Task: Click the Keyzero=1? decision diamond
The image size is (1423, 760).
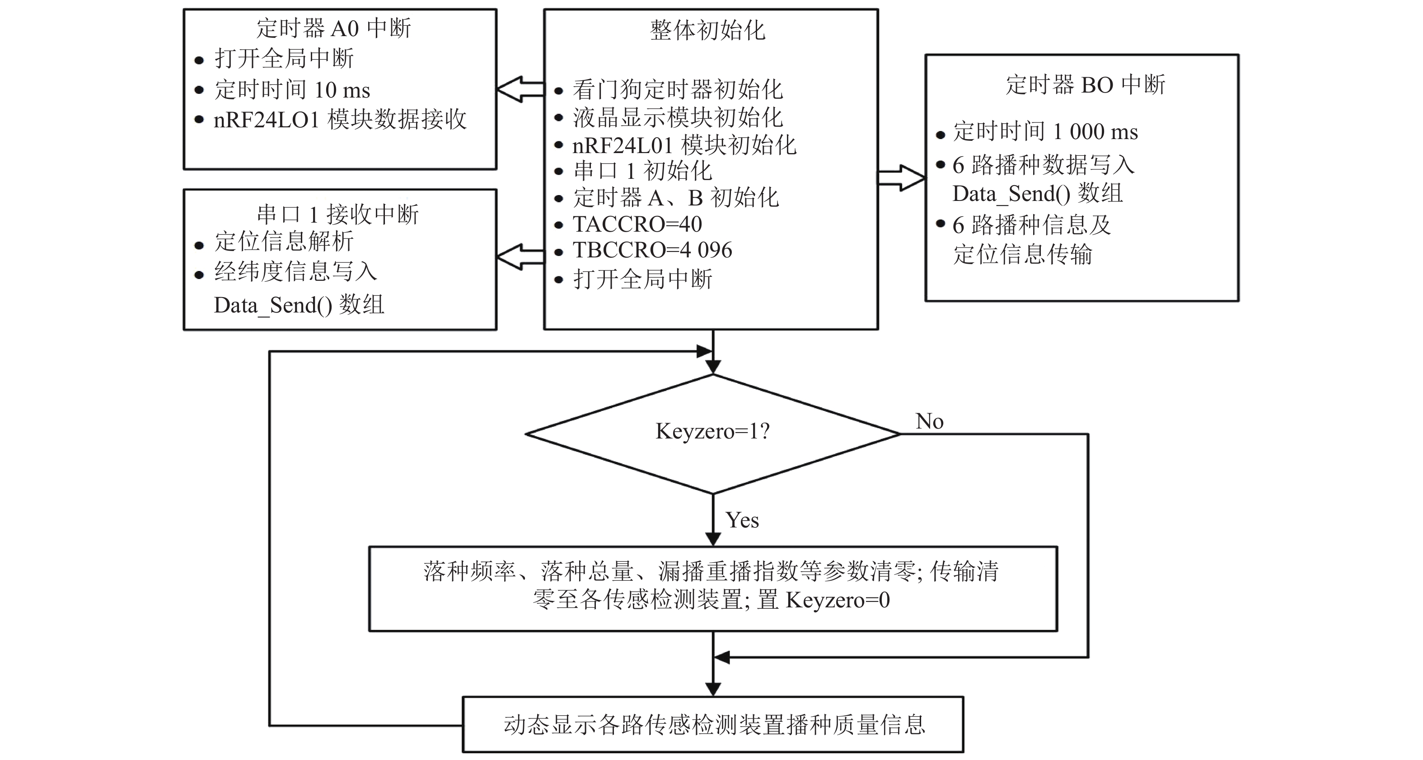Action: click(712, 434)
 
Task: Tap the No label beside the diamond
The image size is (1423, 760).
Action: click(929, 421)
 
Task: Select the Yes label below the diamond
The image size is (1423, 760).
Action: click(742, 520)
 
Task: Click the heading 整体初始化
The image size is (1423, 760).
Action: click(707, 30)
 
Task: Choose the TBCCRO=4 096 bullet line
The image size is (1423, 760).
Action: click(652, 250)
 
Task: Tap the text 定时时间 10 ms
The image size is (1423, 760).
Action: click(292, 89)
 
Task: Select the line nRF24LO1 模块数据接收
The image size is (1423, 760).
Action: click(340, 119)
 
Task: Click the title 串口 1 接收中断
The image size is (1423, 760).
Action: click(337, 214)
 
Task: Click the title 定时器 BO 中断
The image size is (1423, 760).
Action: click(1085, 85)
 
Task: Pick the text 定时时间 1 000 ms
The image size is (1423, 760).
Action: click(1045, 131)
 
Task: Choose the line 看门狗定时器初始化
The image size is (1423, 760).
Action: click(677, 89)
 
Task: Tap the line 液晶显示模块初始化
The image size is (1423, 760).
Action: click(677, 117)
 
